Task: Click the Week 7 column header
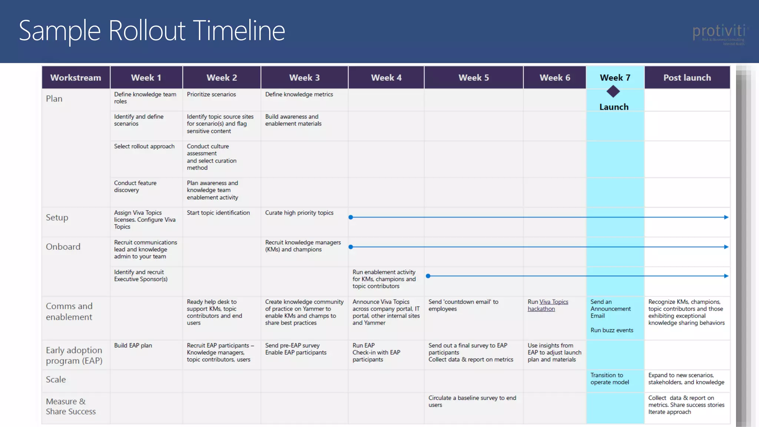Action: [615, 77]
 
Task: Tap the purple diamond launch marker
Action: [613, 92]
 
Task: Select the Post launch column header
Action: [687, 77]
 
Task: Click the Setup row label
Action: [57, 218]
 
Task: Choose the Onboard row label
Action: [63, 247]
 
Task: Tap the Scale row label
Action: [56, 380]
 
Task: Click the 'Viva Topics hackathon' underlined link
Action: [548, 305]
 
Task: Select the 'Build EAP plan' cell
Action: [133, 345]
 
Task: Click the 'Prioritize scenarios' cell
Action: [211, 95]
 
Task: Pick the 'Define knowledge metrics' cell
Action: [299, 95]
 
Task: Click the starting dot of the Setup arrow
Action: [351, 217]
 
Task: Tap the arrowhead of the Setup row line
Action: [726, 217]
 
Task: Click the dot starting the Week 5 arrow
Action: [428, 276]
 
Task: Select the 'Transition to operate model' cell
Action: [610, 379]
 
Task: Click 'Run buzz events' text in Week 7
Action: [612, 330]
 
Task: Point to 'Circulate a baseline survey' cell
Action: [472, 401]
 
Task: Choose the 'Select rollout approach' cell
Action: [144, 146]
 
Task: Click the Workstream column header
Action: [76, 77]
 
